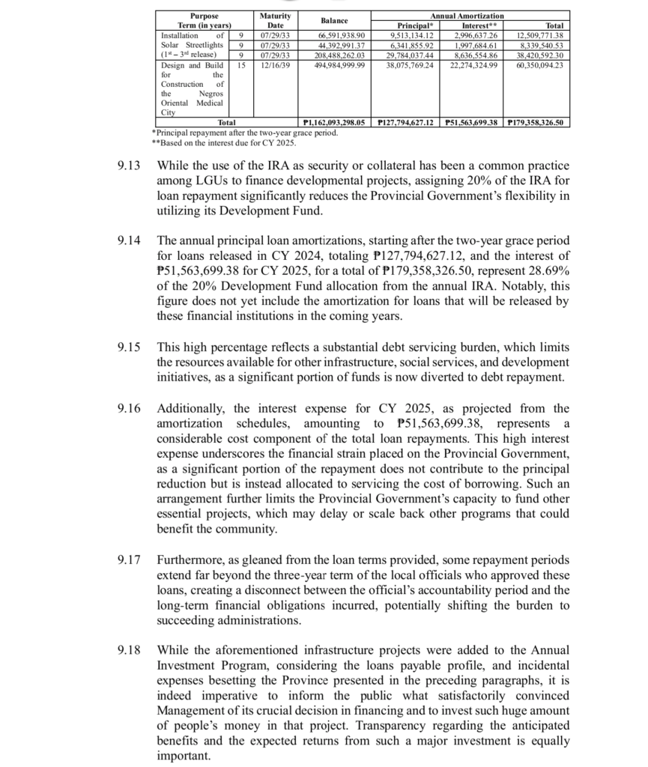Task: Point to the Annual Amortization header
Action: click(x=467, y=16)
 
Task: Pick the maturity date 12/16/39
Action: click(x=270, y=65)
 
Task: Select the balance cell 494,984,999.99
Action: click(x=341, y=65)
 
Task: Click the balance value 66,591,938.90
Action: click(x=341, y=35)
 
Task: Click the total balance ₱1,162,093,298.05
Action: click(x=332, y=121)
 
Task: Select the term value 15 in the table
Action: click(x=240, y=65)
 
